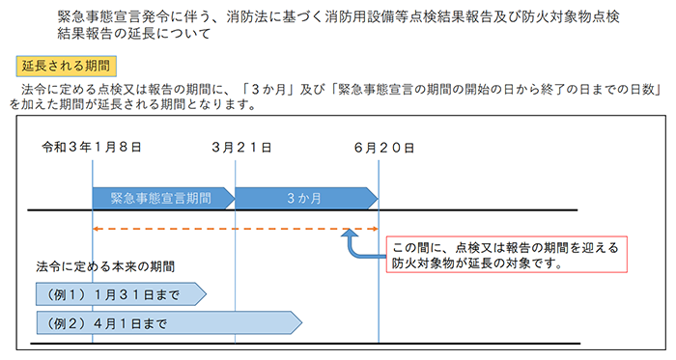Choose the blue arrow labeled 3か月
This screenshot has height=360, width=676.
point(305,197)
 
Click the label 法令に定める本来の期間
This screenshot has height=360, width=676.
point(106,265)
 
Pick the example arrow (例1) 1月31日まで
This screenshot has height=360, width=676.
point(120,293)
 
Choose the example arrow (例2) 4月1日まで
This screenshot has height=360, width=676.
point(168,322)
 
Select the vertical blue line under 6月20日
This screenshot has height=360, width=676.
point(379,290)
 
